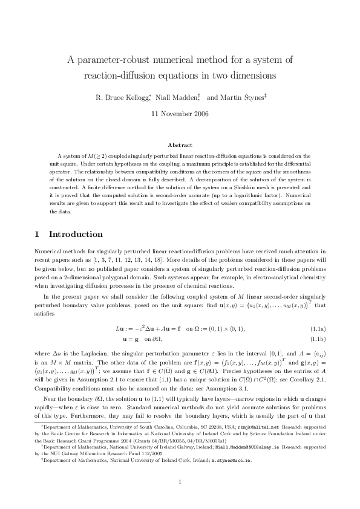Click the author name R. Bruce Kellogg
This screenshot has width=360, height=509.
pos(122,96)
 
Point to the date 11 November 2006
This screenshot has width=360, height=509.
pos(180,113)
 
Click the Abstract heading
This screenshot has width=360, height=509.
pos(180,145)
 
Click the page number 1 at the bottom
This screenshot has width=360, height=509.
pos(180,481)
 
